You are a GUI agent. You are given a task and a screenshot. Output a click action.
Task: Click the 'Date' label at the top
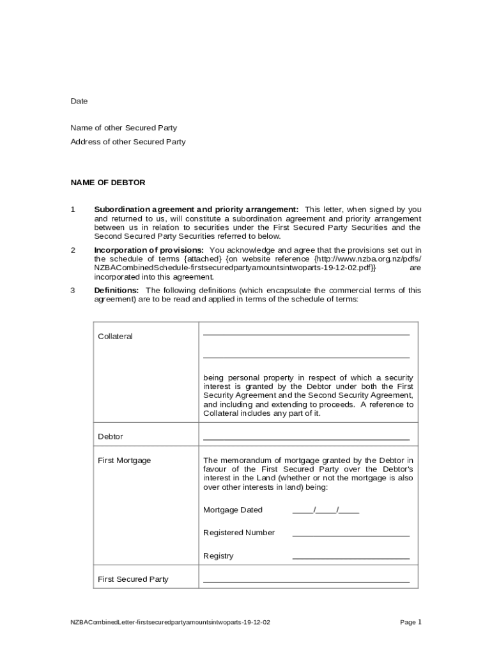[x=79, y=101]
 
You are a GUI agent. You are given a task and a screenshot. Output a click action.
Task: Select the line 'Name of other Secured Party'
[x=123, y=128]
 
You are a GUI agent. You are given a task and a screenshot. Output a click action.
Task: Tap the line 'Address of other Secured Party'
[x=128, y=142]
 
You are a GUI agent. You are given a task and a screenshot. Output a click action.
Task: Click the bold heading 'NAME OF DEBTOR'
[x=107, y=183]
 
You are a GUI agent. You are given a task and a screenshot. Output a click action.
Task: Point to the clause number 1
[x=73, y=209]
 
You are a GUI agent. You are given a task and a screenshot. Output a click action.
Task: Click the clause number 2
[x=73, y=250]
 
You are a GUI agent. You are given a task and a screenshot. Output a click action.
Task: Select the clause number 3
[x=73, y=290]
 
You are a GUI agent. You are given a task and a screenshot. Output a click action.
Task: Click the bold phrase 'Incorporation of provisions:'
[x=149, y=250]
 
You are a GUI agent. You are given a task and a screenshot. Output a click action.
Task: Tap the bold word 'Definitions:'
[x=116, y=290]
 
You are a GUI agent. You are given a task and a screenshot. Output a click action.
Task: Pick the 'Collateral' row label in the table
[x=115, y=337]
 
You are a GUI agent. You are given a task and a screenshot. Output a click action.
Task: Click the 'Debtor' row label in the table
[x=110, y=437]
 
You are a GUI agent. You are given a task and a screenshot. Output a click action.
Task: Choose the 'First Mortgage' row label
[x=124, y=460]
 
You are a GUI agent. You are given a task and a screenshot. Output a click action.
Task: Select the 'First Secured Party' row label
[x=133, y=579]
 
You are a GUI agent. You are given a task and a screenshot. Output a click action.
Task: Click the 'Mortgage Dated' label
[x=233, y=510]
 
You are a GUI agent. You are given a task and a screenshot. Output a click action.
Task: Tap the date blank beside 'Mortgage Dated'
[x=325, y=510]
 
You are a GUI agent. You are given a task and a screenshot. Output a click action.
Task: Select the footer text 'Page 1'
[x=410, y=621]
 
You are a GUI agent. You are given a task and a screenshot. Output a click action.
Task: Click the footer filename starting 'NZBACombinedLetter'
[x=170, y=622]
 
